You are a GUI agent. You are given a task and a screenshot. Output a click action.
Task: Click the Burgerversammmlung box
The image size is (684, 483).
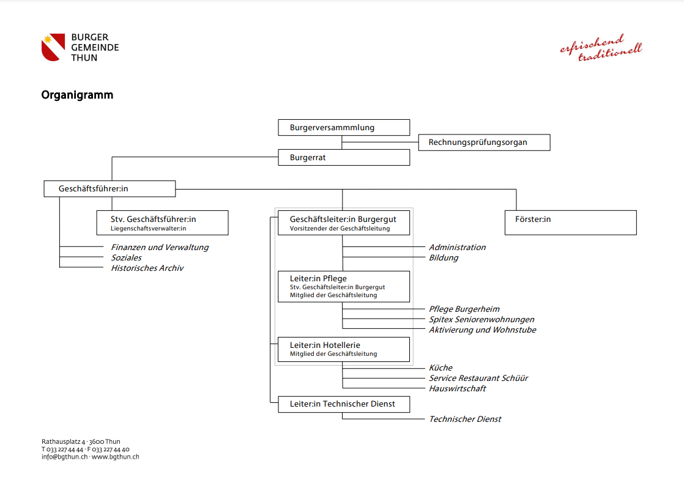tap(344, 127)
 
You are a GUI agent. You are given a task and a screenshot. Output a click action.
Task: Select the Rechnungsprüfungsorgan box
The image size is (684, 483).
tap(484, 142)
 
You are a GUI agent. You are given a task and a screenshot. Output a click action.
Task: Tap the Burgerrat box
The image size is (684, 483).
tap(344, 157)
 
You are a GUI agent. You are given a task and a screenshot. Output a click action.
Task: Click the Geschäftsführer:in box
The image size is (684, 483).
tap(110, 189)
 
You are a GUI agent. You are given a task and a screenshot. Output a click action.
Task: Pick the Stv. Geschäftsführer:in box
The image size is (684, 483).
tap(162, 223)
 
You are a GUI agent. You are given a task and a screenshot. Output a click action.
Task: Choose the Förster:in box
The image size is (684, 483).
tap(571, 223)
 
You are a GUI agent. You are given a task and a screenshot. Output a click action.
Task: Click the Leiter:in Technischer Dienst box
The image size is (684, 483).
tap(344, 404)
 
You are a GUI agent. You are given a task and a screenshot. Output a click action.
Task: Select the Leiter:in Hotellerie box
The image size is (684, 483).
tap(344, 349)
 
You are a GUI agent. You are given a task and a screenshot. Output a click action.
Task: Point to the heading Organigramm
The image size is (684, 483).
tap(77, 95)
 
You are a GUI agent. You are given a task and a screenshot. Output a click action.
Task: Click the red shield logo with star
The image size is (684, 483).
tap(53, 47)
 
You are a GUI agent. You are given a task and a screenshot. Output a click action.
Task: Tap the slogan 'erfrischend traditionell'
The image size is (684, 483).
tap(601, 48)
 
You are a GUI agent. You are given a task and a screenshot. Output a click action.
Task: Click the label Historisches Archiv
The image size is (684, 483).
tap(147, 268)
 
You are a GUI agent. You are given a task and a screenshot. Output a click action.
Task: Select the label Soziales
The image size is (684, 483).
tap(126, 257)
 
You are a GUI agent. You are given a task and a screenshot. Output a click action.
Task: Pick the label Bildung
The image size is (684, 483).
tap(443, 257)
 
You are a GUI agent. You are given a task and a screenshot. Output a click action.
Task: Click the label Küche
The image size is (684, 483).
tap(441, 367)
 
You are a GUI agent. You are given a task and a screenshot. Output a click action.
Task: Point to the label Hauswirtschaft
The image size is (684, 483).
tap(457, 388)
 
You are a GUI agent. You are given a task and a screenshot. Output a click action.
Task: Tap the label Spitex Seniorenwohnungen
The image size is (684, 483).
tap(481, 320)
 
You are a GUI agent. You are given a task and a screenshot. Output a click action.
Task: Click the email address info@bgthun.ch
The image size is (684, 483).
tap(65, 457)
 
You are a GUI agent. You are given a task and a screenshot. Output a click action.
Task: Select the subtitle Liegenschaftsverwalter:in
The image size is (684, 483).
tap(148, 229)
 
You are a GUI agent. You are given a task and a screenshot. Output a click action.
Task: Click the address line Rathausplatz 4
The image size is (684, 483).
tap(63, 441)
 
